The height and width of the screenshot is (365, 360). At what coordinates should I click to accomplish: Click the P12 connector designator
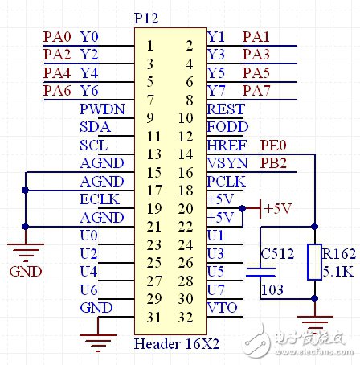(x=149, y=18)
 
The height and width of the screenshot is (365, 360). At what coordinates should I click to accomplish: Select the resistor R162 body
(x=313, y=262)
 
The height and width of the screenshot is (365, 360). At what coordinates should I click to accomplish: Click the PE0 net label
(x=273, y=146)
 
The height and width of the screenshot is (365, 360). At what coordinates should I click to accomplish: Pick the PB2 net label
(x=273, y=163)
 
